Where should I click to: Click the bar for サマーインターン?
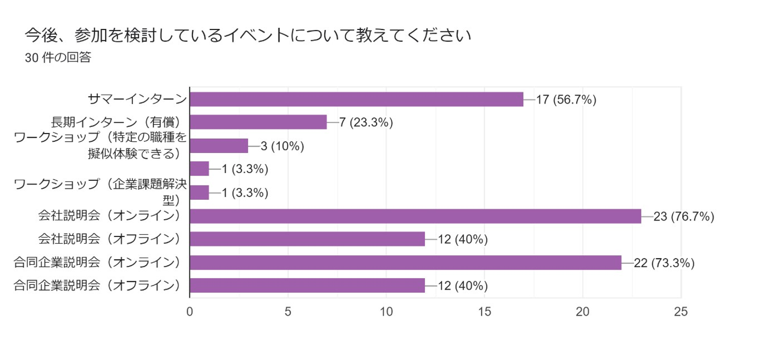[x=356, y=99]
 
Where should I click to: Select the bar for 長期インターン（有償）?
[x=258, y=122]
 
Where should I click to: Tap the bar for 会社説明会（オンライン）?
[x=415, y=216]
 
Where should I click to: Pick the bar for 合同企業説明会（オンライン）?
[x=405, y=262]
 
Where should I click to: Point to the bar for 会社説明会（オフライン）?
[x=307, y=239]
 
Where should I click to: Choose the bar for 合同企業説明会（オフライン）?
[x=307, y=285]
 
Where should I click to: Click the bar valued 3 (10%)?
[x=219, y=146]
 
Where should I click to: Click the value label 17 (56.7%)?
[x=566, y=100]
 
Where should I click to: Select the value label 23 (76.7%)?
[x=683, y=217]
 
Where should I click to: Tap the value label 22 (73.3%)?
[x=664, y=263]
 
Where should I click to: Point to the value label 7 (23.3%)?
[x=366, y=123]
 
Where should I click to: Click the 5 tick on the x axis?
[x=288, y=312]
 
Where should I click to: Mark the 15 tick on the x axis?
[x=485, y=312]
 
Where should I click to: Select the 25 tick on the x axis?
[x=681, y=312]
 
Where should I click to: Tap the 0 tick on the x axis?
[x=190, y=312]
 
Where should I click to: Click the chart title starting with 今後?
[x=247, y=36]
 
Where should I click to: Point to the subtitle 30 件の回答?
[x=58, y=58]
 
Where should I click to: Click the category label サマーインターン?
[x=137, y=99]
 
